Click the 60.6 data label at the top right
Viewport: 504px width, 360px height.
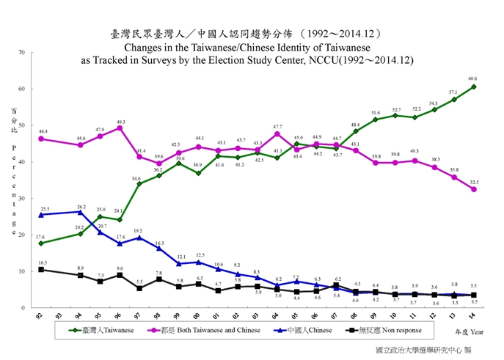pos(472,78)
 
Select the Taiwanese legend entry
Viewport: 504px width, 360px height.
pos(103,330)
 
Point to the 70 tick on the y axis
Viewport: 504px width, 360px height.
pos(22,53)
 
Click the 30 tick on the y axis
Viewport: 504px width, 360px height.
pos(22,199)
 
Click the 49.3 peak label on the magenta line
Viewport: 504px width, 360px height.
pos(120,122)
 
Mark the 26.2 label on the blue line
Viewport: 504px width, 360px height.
pos(81,206)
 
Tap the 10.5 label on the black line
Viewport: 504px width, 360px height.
pos(42,263)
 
